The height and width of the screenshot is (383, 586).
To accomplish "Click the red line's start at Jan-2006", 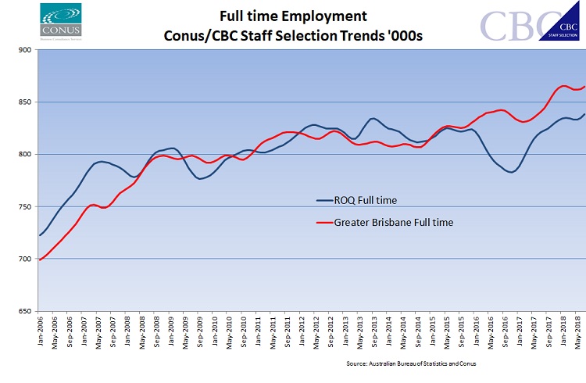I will click(40, 260).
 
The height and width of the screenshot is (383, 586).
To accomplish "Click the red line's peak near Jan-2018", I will click(563, 86).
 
